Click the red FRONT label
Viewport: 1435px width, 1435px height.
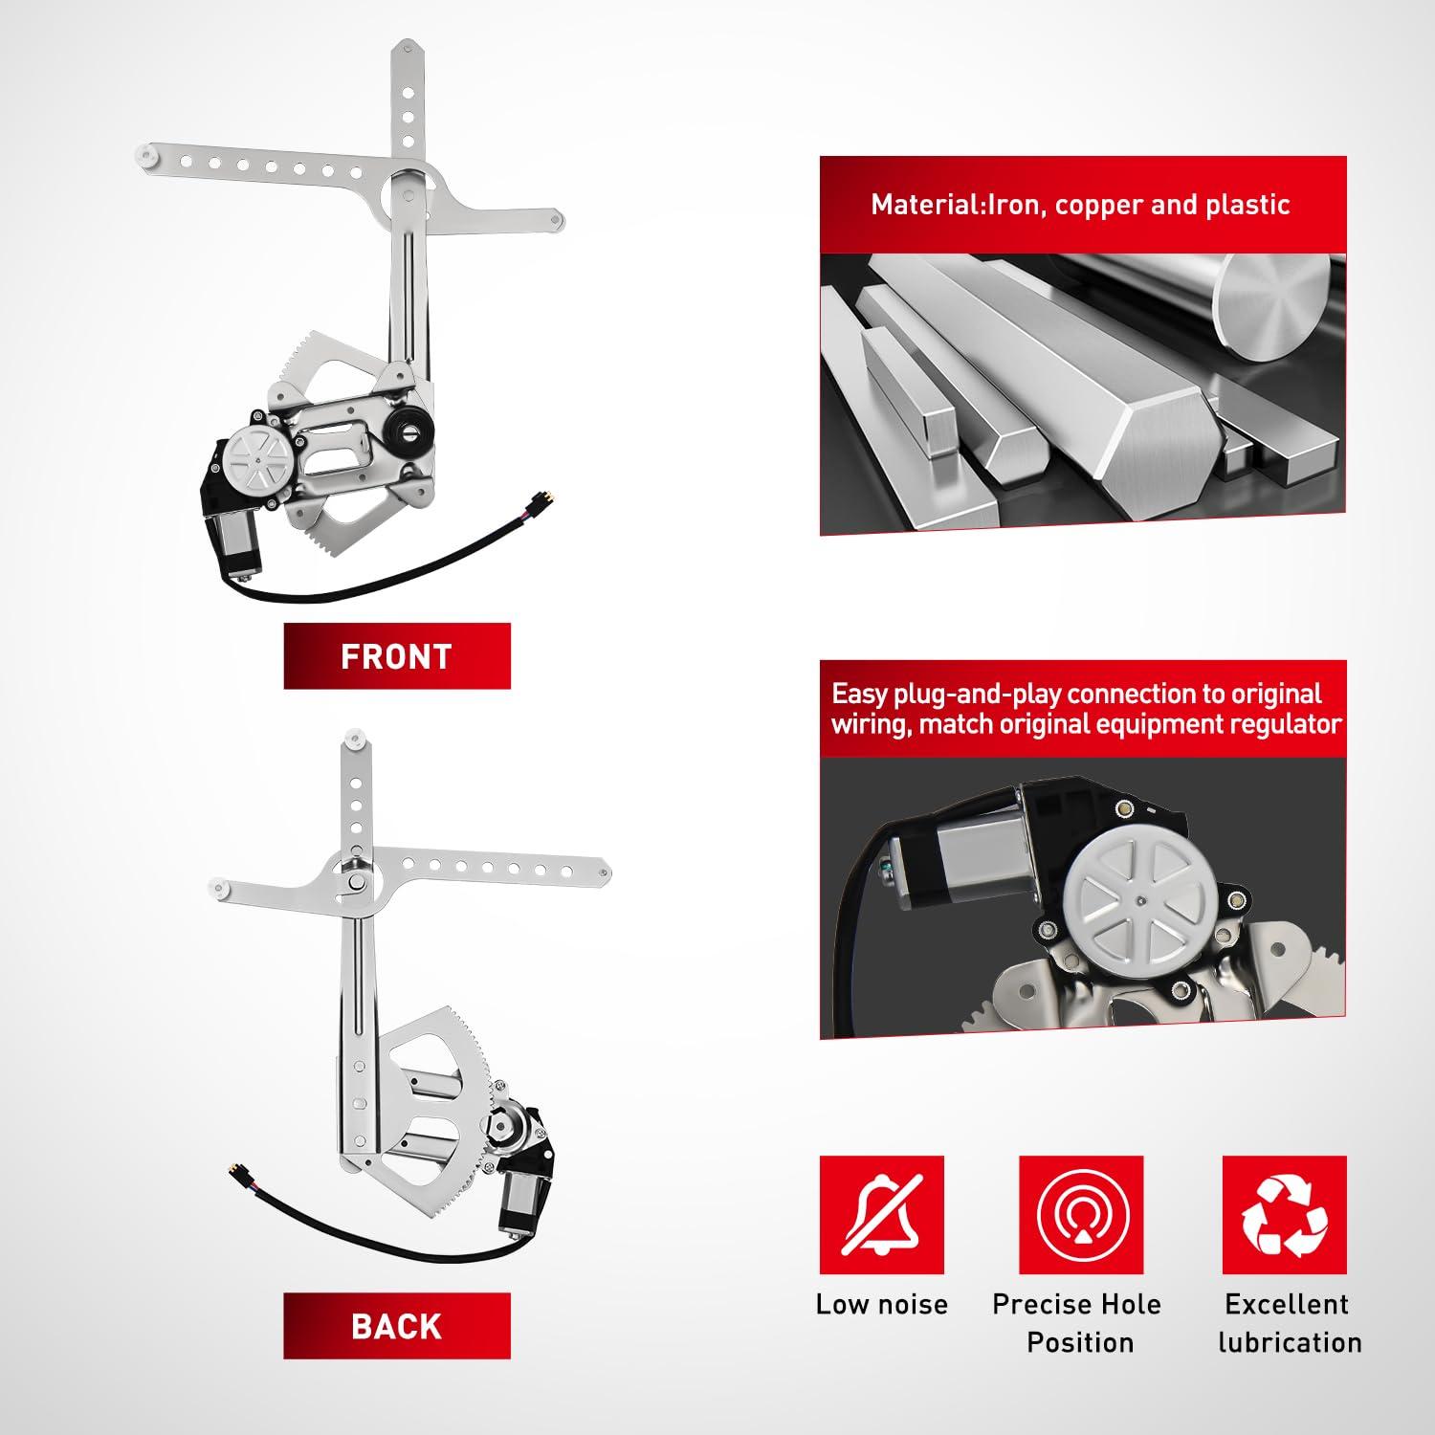397,656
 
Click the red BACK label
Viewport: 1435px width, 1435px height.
397,1326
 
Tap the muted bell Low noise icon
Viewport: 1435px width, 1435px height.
881,1215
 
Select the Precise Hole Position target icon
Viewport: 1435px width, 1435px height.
1081,1215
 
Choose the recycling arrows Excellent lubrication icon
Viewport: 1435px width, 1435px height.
1285,1215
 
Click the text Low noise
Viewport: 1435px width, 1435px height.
881,1304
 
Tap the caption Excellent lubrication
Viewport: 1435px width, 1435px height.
1290,1323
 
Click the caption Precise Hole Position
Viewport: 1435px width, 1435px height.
1077,1323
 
